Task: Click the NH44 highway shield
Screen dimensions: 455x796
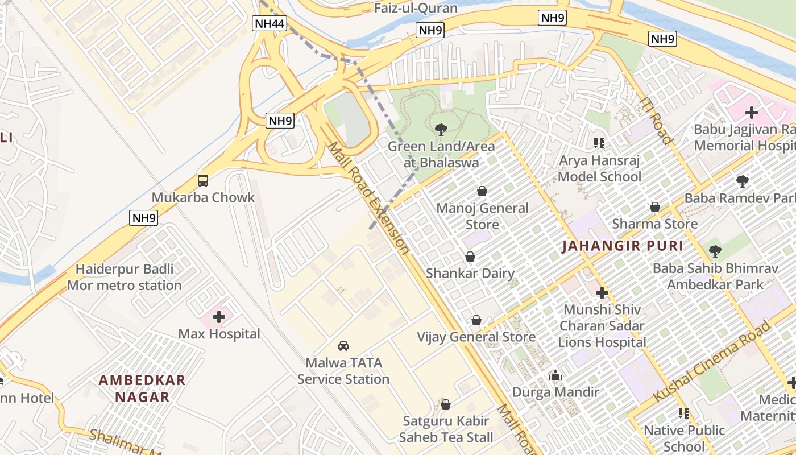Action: coord(269,23)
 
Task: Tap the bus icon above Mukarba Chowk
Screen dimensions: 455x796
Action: coord(203,181)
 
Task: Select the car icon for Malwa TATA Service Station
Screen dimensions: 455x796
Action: coord(343,346)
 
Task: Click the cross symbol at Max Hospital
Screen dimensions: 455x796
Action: coord(219,317)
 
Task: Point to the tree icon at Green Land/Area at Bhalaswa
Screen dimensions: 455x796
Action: coord(441,130)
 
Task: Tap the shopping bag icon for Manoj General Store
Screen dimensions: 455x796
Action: coord(482,191)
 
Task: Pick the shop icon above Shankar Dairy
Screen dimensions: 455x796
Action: coord(470,257)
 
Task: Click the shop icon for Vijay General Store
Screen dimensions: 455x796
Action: coord(476,321)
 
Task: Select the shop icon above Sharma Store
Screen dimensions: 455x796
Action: coord(655,207)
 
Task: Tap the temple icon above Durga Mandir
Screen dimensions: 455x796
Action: coord(555,376)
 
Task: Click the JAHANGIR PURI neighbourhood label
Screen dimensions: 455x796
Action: coord(623,246)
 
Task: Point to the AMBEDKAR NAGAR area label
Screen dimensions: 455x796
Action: coord(142,388)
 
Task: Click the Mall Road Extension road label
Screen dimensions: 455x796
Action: coord(368,198)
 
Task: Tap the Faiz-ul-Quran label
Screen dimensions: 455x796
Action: coord(416,8)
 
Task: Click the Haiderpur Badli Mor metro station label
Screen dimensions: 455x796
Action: coord(125,277)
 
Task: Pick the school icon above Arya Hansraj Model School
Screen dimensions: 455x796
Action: coord(599,143)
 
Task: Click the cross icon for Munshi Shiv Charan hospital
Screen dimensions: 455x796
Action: coord(602,293)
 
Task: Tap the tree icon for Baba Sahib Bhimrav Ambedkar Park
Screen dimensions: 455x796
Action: coord(715,251)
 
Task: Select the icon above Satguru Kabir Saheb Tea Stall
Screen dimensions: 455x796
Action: coord(446,404)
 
